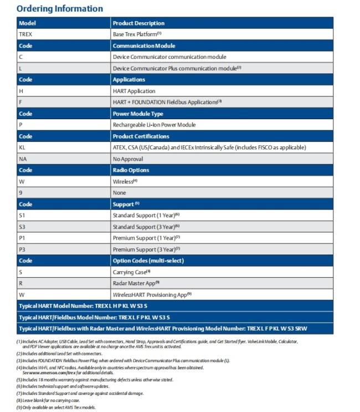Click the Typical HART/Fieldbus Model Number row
(94, 317)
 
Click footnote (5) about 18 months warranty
(95, 379)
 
